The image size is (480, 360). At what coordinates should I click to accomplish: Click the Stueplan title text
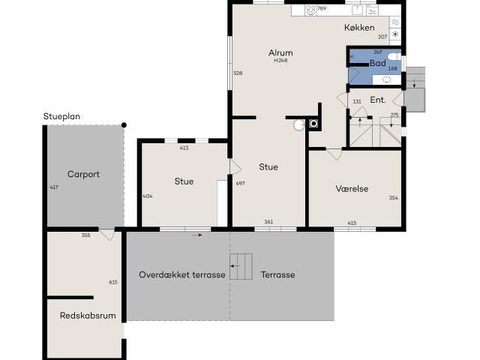(61, 116)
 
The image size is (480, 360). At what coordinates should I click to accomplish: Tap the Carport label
(83, 174)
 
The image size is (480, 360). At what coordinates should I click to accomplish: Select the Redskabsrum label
(88, 316)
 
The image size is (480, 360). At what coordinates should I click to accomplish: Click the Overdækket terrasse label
(182, 274)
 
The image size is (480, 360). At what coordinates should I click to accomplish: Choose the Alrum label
(280, 52)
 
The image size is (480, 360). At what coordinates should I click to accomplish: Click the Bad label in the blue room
(378, 63)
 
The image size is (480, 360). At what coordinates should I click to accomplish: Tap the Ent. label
(378, 100)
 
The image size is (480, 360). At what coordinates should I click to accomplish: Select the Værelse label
(352, 189)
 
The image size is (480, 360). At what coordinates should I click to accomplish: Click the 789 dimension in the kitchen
(322, 8)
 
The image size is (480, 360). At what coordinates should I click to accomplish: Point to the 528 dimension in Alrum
(238, 73)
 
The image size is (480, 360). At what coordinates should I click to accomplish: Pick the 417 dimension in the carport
(53, 187)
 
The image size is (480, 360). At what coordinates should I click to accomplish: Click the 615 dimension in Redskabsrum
(113, 282)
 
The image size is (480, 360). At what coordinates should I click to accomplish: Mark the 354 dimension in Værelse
(394, 198)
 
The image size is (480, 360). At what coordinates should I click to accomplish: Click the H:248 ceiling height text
(280, 61)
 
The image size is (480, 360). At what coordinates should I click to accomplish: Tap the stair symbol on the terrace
(240, 266)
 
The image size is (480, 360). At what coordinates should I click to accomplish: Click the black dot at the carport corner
(124, 124)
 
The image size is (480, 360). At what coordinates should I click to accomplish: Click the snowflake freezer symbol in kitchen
(394, 35)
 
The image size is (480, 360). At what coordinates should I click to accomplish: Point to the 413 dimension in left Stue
(184, 148)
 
